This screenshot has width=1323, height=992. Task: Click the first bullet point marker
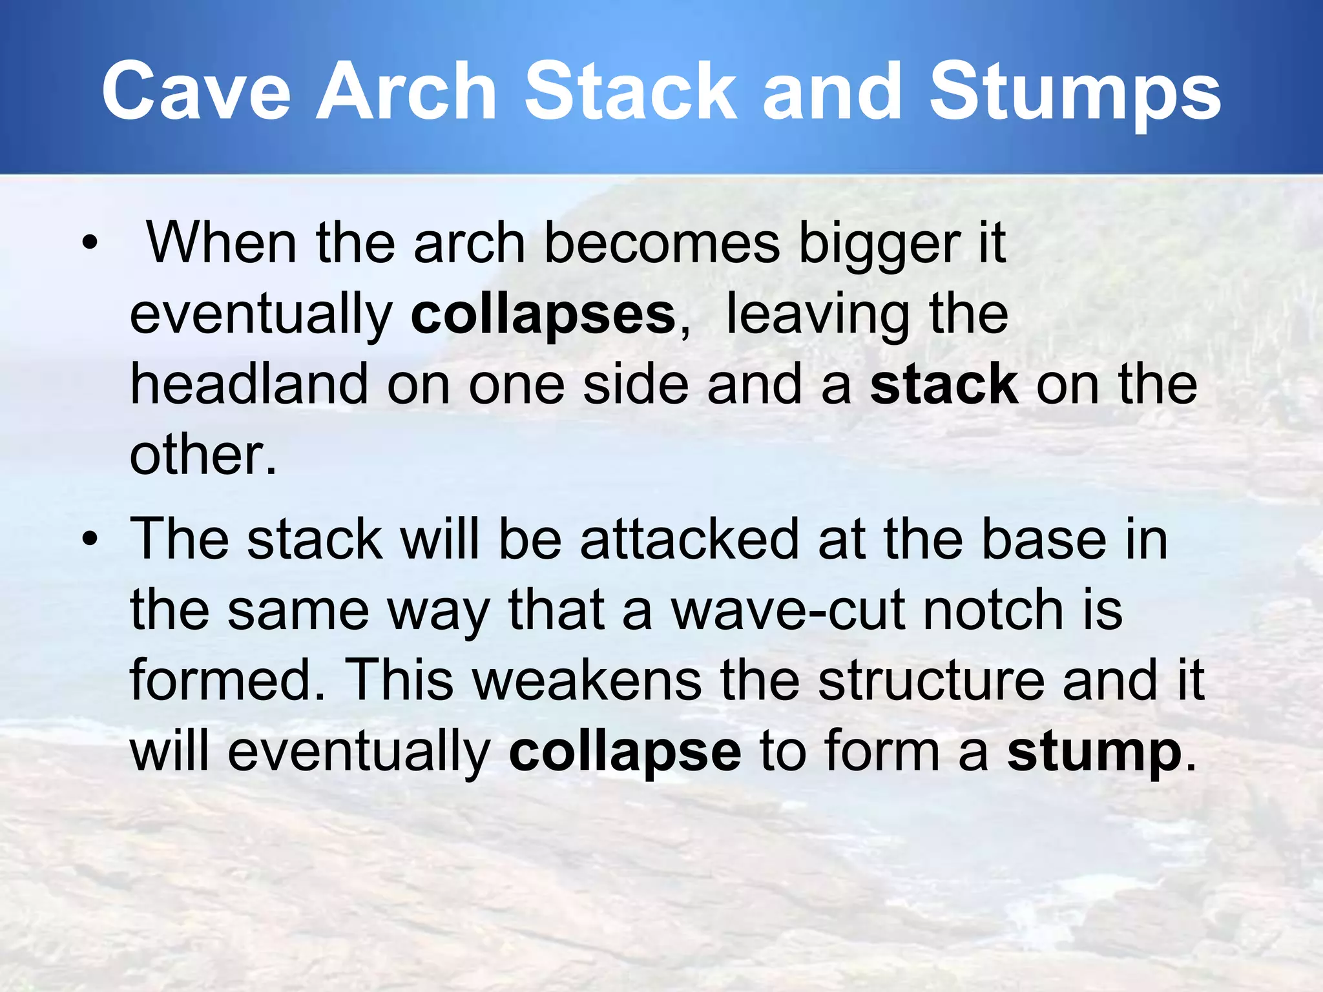click(90, 243)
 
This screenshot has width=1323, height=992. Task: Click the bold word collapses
click(543, 315)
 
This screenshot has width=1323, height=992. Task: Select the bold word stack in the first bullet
click(944, 385)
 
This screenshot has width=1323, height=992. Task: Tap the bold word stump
click(1094, 752)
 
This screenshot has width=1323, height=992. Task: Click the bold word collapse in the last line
click(625, 752)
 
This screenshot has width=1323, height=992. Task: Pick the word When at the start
click(222, 243)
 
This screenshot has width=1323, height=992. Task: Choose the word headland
click(249, 385)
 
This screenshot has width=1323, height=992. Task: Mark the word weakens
click(587, 681)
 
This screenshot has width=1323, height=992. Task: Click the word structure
click(931, 681)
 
